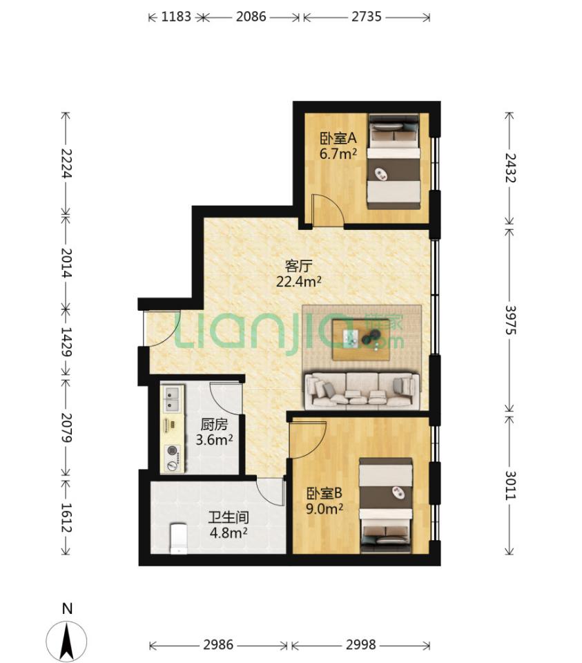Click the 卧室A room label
[x=338, y=138]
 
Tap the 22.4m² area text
[x=299, y=281]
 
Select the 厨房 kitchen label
[x=214, y=424]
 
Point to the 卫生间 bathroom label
[x=229, y=517]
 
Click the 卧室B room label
[x=324, y=493]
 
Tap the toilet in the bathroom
[x=178, y=538]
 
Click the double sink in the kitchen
[x=172, y=399]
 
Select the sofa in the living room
[x=362, y=391]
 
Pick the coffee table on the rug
[x=360, y=340]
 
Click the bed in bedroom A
[x=394, y=161]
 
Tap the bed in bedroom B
[x=385, y=506]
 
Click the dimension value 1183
[x=176, y=17]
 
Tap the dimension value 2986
[x=218, y=645]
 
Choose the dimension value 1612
[x=66, y=517]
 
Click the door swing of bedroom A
[x=327, y=209]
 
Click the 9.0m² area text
[x=324, y=509]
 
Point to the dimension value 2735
[x=367, y=17]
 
